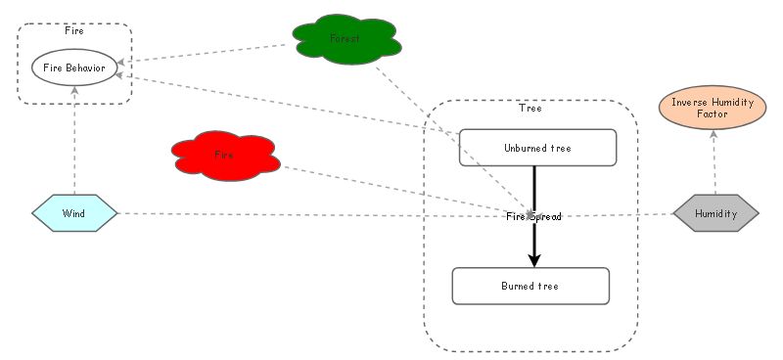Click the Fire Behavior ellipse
[74, 67]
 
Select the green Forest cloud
[345, 39]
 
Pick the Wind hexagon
[74, 212]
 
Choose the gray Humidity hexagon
[715, 212]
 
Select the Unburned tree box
[537, 148]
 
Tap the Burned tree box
[530, 286]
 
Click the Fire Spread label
[534, 216]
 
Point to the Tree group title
[530, 108]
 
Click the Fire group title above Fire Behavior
[74, 31]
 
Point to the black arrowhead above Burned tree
[534, 259]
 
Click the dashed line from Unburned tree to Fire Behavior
[294, 105]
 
